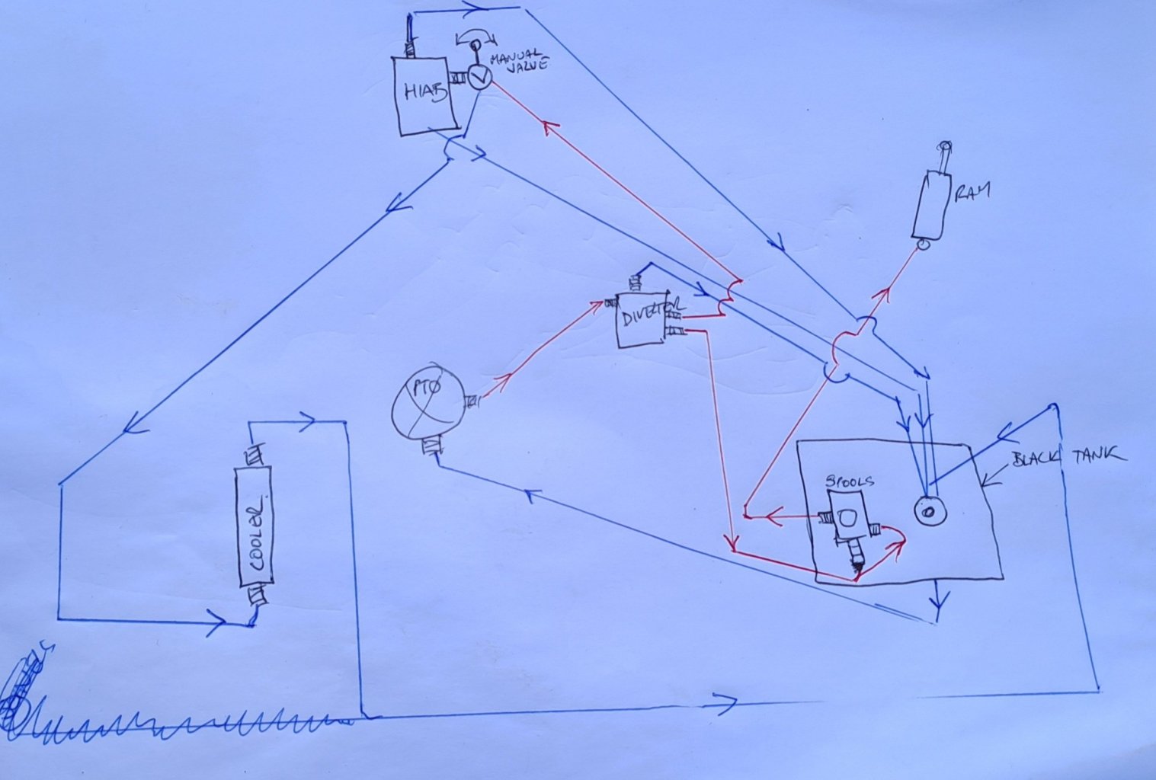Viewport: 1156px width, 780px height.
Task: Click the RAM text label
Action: [x=972, y=193]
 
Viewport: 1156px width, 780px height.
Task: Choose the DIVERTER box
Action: [x=643, y=318]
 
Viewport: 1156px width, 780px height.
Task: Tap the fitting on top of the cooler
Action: [x=253, y=456]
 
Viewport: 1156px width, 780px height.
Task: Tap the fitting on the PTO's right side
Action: [x=471, y=400]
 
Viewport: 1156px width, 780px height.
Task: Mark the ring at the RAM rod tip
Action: [x=946, y=145]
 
